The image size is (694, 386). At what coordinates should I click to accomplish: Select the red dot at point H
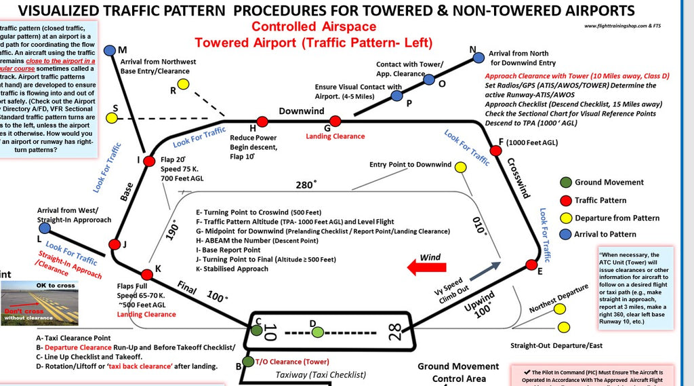tap(262, 120)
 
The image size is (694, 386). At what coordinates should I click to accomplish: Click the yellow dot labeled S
tap(110, 117)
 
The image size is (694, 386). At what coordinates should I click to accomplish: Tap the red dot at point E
tap(532, 264)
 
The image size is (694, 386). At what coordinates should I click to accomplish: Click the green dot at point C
tap(257, 330)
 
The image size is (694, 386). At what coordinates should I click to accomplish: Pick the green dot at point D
tap(317, 332)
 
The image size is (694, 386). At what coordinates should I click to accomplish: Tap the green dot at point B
tap(249, 361)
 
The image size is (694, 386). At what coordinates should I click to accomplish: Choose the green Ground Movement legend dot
tap(565, 182)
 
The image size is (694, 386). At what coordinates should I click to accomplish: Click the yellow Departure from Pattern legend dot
tap(565, 217)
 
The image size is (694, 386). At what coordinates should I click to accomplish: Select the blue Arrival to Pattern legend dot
tap(565, 235)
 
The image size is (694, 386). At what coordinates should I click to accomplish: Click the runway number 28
tap(395, 332)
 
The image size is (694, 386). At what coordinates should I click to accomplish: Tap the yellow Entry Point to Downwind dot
tap(460, 168)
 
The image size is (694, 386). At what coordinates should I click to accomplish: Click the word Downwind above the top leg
tap(301, 111)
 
